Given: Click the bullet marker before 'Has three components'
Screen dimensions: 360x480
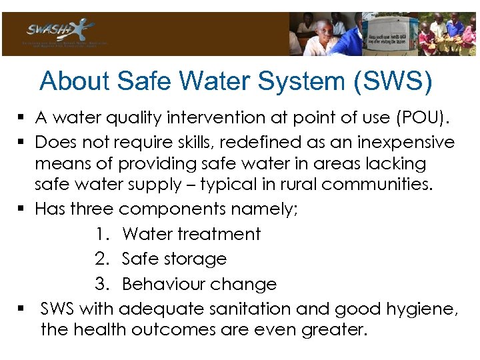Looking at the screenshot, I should [22, 209].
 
